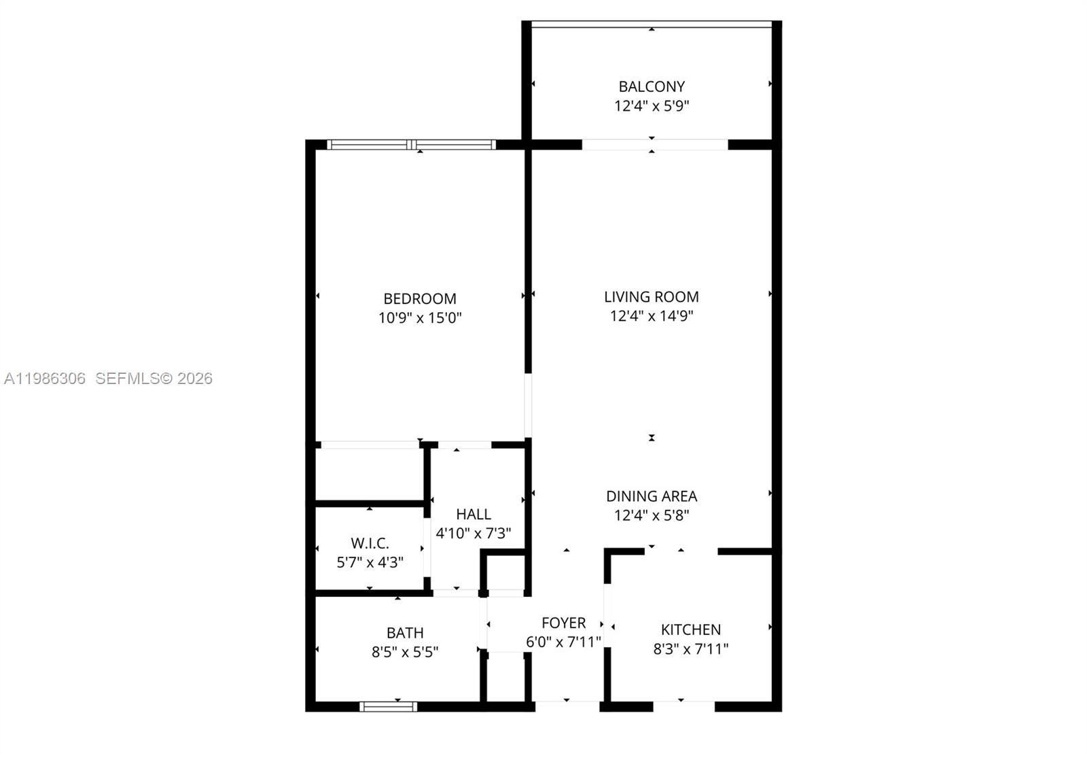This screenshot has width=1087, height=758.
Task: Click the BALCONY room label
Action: click(x=651, y=86)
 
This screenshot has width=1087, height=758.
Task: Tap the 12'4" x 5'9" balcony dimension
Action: click(x=651, y=106)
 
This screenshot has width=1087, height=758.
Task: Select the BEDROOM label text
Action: click(x=419, y=298)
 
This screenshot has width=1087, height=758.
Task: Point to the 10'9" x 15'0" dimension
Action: click(x=419, y=317)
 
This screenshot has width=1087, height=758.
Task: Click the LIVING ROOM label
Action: click(x=651, y=296)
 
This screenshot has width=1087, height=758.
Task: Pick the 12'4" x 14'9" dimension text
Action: click(x=651, y=315)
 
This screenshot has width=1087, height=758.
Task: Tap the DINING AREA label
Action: click(x=651, y=496)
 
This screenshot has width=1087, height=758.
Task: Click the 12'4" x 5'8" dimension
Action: click(x=651, y=515)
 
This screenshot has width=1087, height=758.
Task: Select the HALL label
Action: click(x=473, y=514)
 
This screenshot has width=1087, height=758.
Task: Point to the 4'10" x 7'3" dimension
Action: click(x=473, y=533)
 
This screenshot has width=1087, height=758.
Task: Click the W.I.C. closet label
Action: click(x=370, y=543)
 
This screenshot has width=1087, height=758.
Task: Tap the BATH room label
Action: click(x=405, y=633)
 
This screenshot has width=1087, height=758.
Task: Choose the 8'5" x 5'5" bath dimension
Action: click(x=405, y=652)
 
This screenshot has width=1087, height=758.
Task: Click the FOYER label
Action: click(x=563, y=623)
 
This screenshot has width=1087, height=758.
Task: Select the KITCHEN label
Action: click(x=690, y=630)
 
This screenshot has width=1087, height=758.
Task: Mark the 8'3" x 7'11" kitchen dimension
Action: click(x=690, y=649)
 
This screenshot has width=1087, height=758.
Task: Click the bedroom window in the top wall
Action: click(x=412, y=144)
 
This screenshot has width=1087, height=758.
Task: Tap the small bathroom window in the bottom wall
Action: click(x=388, y=707)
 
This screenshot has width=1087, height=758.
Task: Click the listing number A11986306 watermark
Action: click(x=45, y=379)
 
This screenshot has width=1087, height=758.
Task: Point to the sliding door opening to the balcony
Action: click(x=654, y=144)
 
